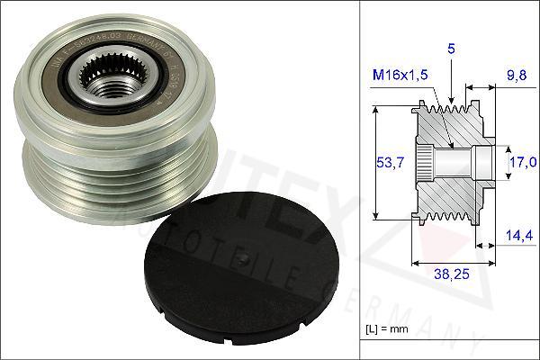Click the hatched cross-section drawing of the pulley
point(450,162)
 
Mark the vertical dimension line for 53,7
point(373,162)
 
